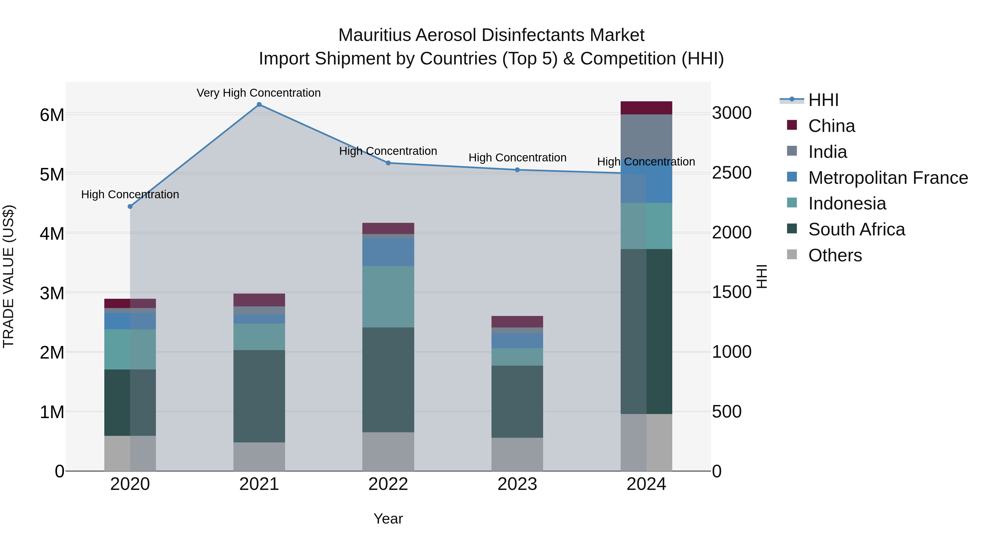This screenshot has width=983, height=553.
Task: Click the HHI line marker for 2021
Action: point(259,105)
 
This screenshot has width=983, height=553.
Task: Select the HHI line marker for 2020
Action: point(130,206)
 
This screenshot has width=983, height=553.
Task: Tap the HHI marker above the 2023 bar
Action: point(517,170)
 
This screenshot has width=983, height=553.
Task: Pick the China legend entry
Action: point(831,126)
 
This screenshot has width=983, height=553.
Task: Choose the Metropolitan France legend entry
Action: point(888,178)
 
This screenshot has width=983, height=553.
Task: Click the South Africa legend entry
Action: point(856,229)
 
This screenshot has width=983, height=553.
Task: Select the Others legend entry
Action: point(835,255)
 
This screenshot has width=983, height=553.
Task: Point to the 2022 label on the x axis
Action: point(388,484)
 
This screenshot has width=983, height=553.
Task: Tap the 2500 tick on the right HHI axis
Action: point(732,173)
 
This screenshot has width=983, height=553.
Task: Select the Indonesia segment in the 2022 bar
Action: point(388,297)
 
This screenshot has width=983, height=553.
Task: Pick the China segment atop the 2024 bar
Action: point(646,108)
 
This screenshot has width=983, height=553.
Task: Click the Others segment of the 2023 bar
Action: point(517,454)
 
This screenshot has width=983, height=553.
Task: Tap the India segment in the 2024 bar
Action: point(646,136)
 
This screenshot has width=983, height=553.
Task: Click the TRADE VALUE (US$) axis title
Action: point(9,276)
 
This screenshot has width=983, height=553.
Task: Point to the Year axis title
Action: point(388,519)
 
